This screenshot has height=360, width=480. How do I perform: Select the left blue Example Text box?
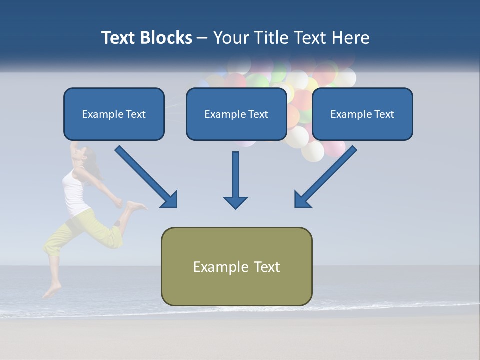click(x=114, y=114)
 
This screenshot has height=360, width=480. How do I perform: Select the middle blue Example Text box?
click(x=236, y=114)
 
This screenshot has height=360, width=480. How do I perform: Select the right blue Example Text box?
click(x=362, y=114)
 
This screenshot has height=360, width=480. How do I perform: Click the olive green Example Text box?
click(x=236, y=266)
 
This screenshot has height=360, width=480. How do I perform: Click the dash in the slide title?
click(x=202, y=38)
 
